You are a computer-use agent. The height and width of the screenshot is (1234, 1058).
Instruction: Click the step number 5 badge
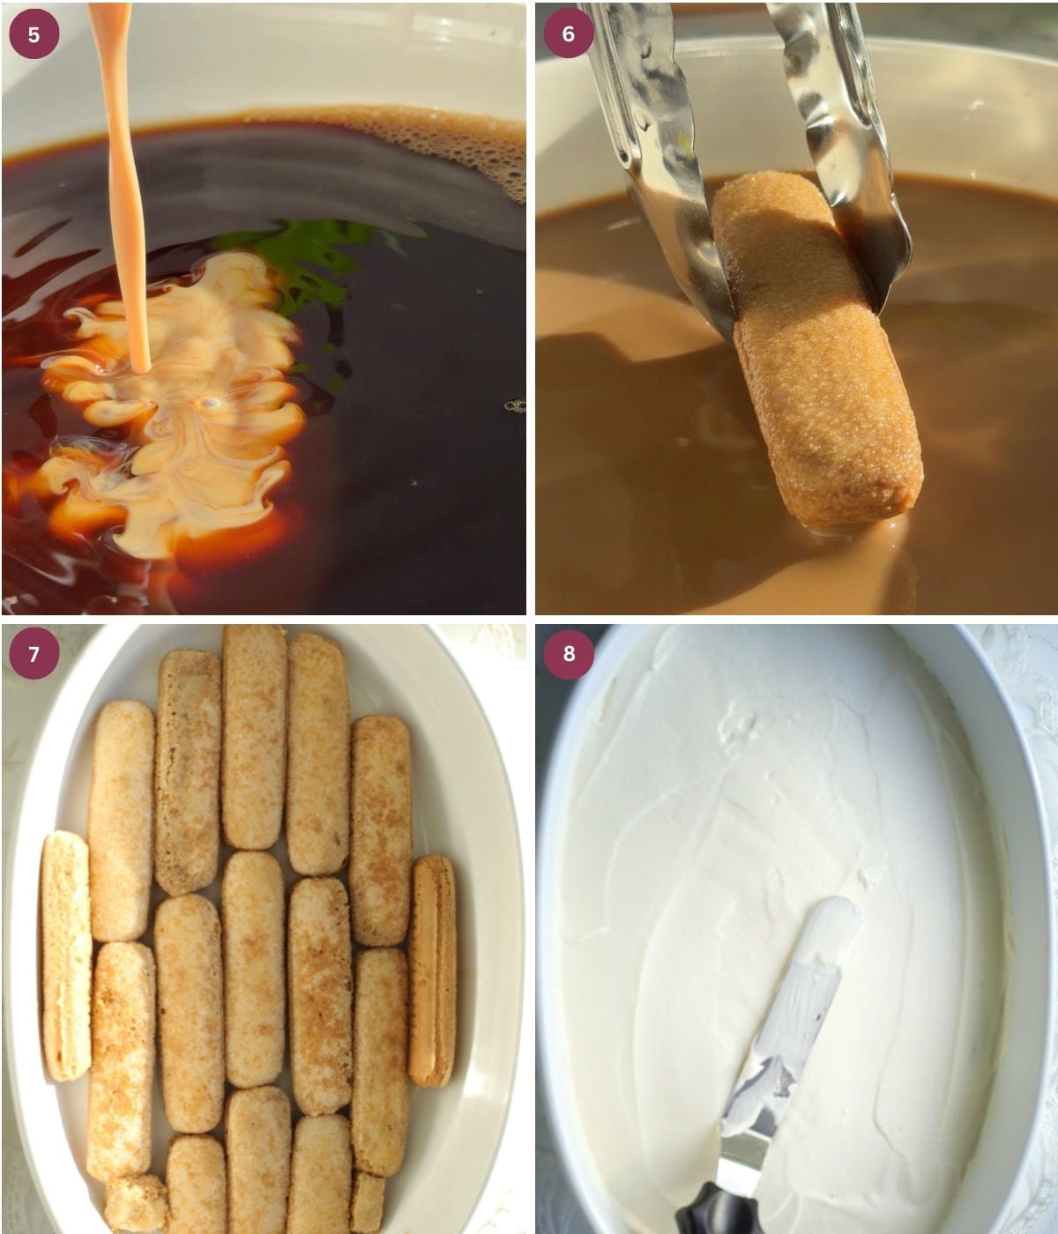[34, 34]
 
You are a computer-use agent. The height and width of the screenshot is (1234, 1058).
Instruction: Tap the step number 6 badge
[569, 33]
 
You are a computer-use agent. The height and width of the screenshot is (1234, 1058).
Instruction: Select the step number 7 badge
[34, 654]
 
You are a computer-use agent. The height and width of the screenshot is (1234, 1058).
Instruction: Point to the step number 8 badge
[569, 654]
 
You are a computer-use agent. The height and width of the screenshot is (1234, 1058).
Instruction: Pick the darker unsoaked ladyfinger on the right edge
[432, 970]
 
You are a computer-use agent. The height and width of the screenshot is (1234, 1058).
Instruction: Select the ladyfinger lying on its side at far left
[65, 955]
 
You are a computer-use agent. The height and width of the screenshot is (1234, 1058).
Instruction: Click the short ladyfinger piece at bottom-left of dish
[136, 1203]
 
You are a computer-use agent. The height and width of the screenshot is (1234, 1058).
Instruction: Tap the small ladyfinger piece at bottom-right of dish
[368, 1201]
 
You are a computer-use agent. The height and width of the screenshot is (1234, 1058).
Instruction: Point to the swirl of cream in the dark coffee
[173, 406]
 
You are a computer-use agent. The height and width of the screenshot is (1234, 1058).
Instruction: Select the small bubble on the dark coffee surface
[515, 406]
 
